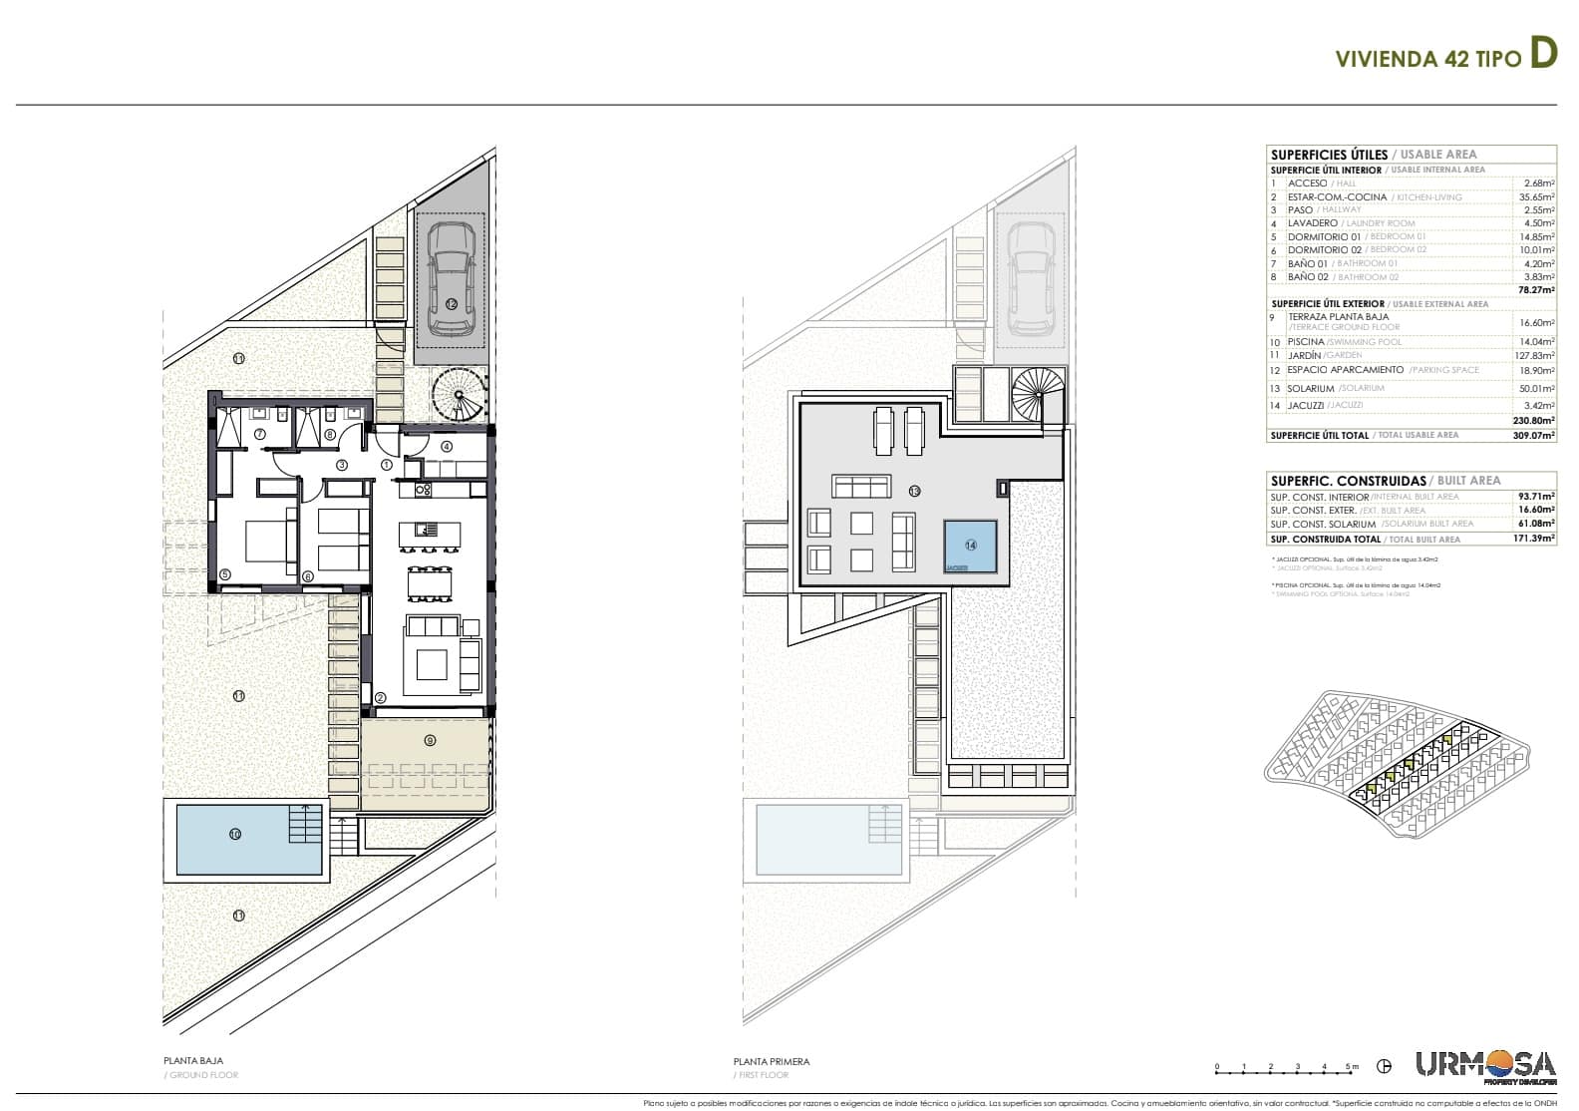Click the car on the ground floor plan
(451, 279)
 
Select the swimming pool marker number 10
(235, 834)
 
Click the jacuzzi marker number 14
(970, 545)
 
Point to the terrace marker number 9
(430, 740)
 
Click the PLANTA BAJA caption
(193, 1061)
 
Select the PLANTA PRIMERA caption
(772, 1061)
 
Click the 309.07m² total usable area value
(1535, 435)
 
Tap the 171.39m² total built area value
(1535, 539)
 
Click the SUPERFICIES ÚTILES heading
(1328, 155)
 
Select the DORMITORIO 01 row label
(1322, 236)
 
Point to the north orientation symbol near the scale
(1384, 1067)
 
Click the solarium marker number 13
(914, 491)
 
